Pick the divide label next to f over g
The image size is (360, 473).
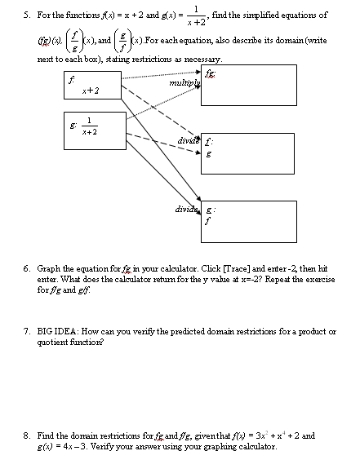click(x=187, y=140)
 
